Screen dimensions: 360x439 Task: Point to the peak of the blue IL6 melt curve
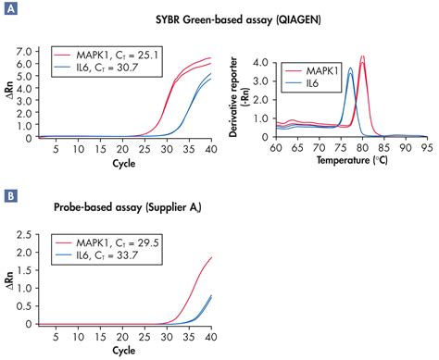[350, 68]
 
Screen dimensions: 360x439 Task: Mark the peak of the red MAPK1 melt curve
[362, 57]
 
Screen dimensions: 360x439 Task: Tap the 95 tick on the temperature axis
[425, 147]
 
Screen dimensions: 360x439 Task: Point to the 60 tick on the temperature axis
[275, 147]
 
